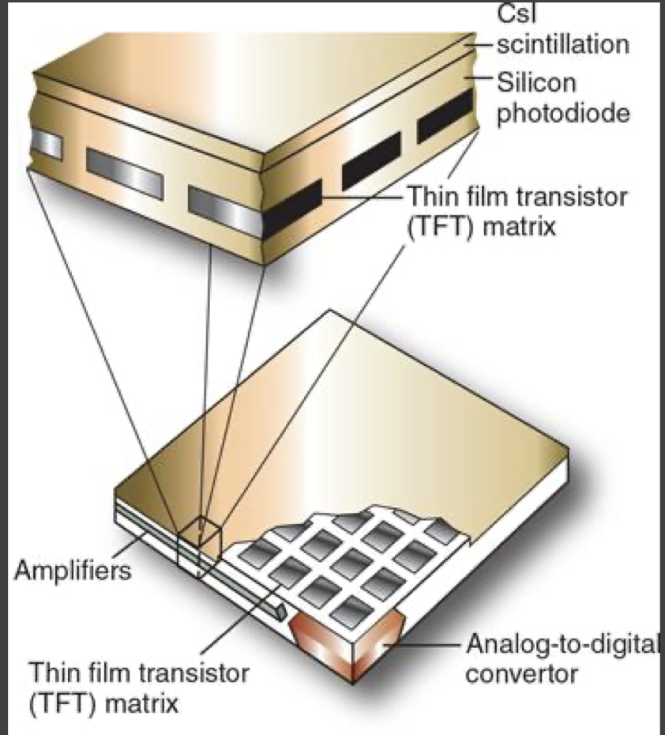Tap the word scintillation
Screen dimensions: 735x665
pos(563,44)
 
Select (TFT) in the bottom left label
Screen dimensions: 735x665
pos(66,703)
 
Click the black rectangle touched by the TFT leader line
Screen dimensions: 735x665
pos(292,209)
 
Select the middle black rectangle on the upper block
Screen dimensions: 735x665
pos(370,161)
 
